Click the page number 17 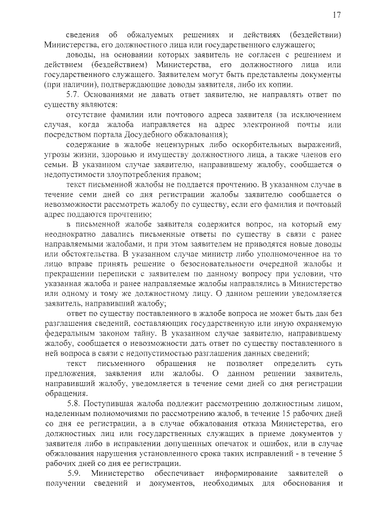338,14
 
